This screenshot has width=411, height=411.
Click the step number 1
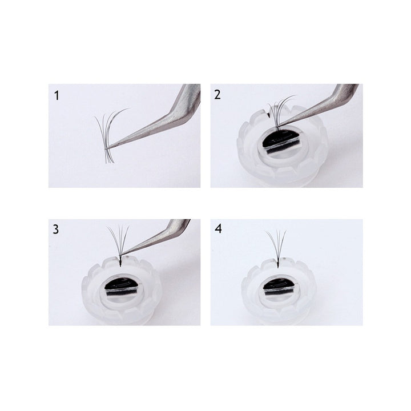coord(57,95)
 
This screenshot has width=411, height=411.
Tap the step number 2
coord(217,95)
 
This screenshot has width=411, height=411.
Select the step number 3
coord(56,229)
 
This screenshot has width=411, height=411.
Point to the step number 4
coord(218,229)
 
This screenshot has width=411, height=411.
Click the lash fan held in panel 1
coord(110,136)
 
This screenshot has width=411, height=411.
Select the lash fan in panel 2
coord(280,112)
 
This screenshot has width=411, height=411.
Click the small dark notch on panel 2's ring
coord(268,114)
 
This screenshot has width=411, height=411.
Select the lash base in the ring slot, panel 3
coord(120,262)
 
